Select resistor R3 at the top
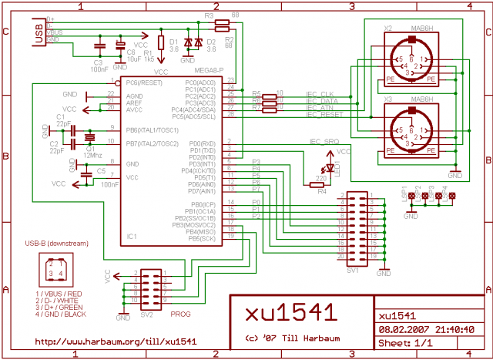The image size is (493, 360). pyautogui.click(x=222, y=23)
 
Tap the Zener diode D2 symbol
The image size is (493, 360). pyautogui.click(x=197, y=42)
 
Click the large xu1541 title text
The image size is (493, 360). pyautogui.click(x=290, y=313)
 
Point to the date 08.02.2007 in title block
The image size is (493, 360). pyautogui.click(x=399, y=328)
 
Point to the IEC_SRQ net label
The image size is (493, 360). pyautogui.click(x=324, y=142)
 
